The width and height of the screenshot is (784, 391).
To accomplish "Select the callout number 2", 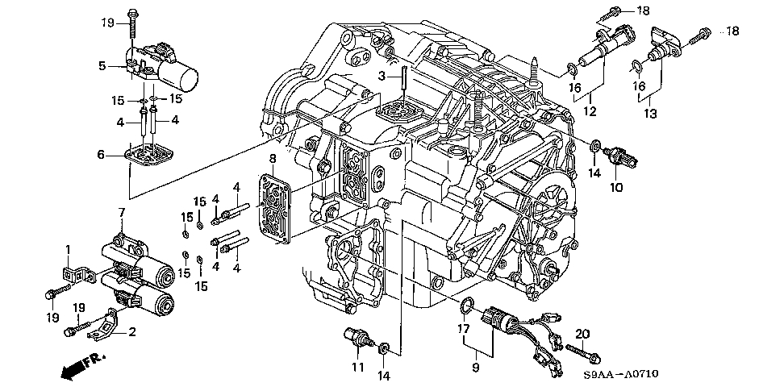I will coord(132,331).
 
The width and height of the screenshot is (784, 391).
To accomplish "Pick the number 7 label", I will coord(122,213).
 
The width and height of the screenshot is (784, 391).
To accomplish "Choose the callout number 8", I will coord(273,159).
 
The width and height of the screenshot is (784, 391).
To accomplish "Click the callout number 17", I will coord(463,329).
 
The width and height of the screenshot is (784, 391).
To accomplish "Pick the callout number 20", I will coord(582,333).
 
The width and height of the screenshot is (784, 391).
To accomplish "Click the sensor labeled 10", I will coord(625,155).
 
